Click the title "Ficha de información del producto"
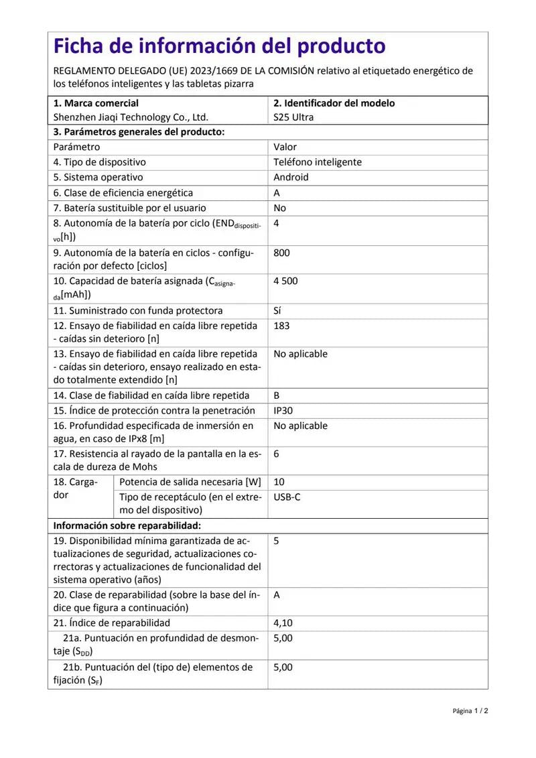[220, 46]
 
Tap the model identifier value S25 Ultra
[293, 117]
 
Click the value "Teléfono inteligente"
[318, 162]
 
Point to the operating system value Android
[291, 178]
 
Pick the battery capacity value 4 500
[285, 281]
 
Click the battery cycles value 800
[281, 253]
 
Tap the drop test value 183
[281, 326]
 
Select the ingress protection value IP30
[284, 410]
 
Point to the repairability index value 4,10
[283, 623]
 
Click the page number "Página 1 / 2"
[470, 711]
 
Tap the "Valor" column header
[285, 147]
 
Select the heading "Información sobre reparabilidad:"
[127, 526]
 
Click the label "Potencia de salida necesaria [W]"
[190, 482]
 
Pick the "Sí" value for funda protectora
[278, 310]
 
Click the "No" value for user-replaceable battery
[279, 208]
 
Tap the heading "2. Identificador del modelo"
[334, 103]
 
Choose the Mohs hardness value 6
[277, 454]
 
